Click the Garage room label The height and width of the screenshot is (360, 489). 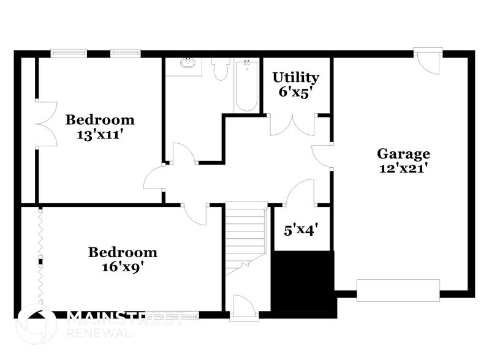[x=403, y=154]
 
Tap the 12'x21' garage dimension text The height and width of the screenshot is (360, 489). [x=403, y=168]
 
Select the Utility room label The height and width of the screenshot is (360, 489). [x=295, y=78]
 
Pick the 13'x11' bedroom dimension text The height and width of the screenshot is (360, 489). [x=100, y=133]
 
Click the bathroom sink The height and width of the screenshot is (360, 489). [x=188, y=63]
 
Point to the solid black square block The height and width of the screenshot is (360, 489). [x=303, y=282]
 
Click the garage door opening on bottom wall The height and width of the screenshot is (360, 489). [x=398, y=290]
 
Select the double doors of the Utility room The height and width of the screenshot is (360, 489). [x=292, y=124]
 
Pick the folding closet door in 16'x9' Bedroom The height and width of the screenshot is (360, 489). [x=40, y=255]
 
